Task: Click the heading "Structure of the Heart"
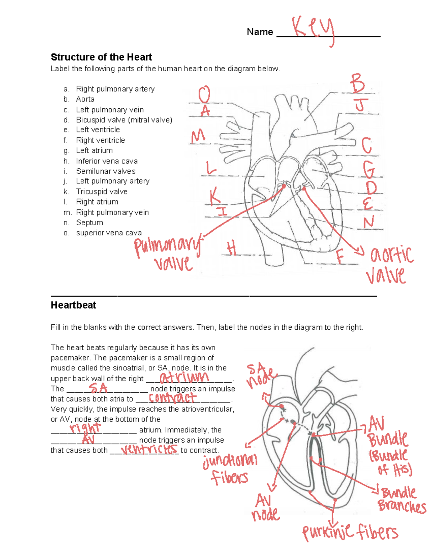[101, 57]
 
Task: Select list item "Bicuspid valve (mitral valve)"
[124, 120]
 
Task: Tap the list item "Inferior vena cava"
[107, 161]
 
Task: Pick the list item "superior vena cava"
[109, 233]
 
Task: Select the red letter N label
[368, 222]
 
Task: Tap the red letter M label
[198, 137]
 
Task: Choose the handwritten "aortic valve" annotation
[390, 265]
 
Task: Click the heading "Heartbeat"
[73, 305]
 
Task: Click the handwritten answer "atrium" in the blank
[184, 377]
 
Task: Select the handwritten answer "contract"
[172, 397]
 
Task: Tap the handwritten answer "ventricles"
[149, 449]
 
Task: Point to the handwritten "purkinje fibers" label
[350, 532]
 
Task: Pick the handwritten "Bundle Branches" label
[401, 500]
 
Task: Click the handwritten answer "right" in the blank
[85, 428]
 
